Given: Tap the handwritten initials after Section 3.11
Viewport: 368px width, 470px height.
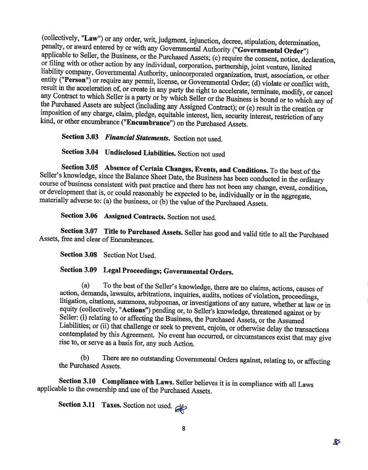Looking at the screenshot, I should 180,407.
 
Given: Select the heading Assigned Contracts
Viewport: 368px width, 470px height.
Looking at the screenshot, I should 134,217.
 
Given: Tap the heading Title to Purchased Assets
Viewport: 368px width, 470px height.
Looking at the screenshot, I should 143,232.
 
